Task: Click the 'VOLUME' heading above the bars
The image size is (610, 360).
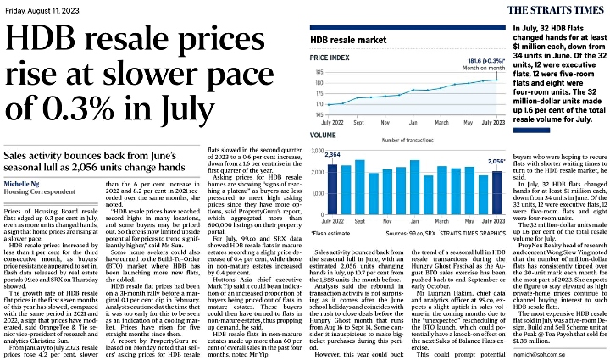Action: click(x=324, y=136)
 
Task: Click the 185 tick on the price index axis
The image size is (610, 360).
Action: click(x=319, y=73)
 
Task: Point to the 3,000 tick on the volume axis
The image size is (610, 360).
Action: click(x=317, y=150)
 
